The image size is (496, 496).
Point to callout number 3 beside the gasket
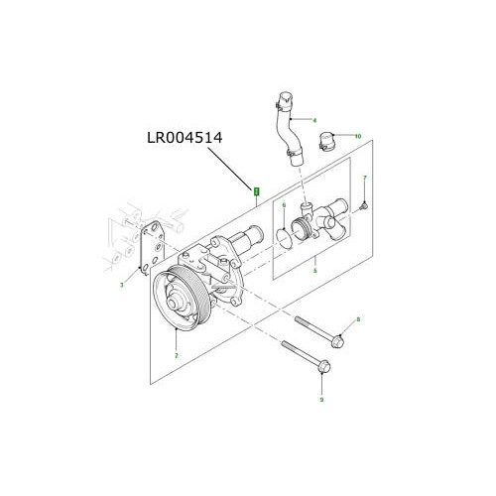(x=121, y=285)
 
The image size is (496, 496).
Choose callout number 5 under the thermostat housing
(x=313, y=270)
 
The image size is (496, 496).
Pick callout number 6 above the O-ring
(x=283, y=206)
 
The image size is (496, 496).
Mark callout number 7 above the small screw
(x=365, y=179)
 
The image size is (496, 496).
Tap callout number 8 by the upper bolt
(x=357, y=319)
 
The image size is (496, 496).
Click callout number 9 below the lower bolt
(x=321, y=400)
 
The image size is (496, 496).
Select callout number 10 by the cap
(x=358, y=135)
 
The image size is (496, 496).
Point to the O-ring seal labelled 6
(x=283, y=236)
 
